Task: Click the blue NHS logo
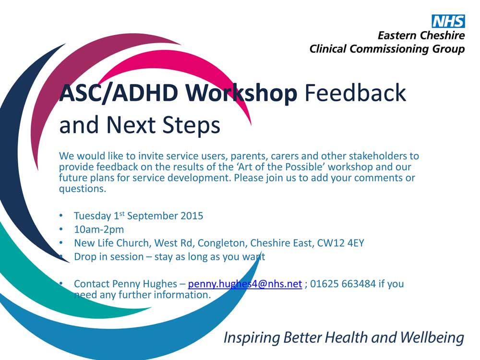pyautogui.click(x=448, y=22)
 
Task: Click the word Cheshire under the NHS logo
pyautogui.click(x=443, y=36)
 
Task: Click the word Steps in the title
pyautogui.click(x=191, y=125)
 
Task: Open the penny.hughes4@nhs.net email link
pyautogui.click(x=245, y=284)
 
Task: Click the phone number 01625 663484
pyautogui.click(x=343, y=284)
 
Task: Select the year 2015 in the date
pyautogui.click(x=192, y=216)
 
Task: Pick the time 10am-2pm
pyautogui.click(x=99, y=229)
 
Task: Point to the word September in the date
pyautogui.click(x=153, y=216)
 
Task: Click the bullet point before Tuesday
pyautogui.click(x=61, y=216)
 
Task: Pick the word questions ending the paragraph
pyautogui.click(x=83, y=189)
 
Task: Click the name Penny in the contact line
pyautogui.click(x=124, y=284)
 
